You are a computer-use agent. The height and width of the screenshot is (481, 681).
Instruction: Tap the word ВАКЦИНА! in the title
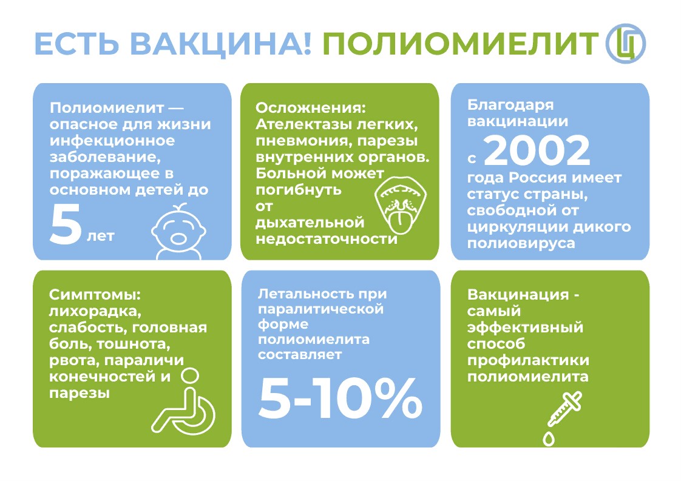click(221, 44)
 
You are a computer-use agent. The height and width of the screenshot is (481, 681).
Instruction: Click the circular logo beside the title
click(626, 44)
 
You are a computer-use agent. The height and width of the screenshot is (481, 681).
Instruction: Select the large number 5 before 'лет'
click(66, 224)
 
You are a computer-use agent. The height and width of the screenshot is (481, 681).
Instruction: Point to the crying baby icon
click(178, 232)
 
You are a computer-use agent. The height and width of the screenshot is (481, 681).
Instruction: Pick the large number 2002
click(537, 150)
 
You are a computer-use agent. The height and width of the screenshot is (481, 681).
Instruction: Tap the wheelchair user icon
click(184, 402)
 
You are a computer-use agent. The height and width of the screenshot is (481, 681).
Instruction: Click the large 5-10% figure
click(340, 398)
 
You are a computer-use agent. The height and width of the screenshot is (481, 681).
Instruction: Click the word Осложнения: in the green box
click(311, 107)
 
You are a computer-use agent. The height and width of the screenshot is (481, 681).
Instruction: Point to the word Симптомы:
click(95, 295)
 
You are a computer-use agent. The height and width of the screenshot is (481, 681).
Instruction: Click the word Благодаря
click(510, 106)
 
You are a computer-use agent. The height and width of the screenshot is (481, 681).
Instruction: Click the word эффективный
click(525, 328)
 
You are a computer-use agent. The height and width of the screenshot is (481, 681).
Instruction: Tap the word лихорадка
click(95, 312)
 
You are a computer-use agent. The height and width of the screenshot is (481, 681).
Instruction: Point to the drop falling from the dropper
click(549, 439)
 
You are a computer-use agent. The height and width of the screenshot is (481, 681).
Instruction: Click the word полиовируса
click(521, 244)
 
